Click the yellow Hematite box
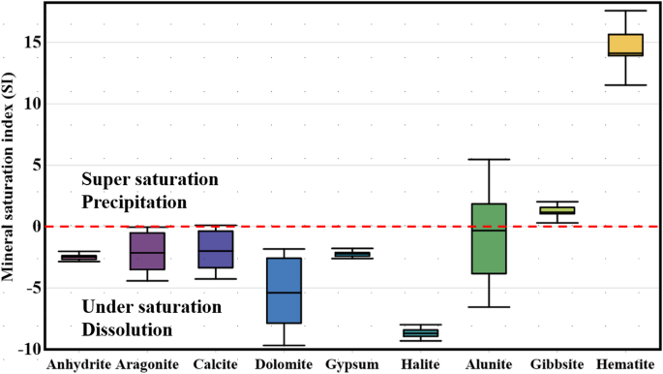click(x=625, y=45)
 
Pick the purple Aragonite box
click(x=148, y=251)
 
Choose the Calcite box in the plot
click(x=215, y=249)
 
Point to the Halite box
click(x=421, y=333)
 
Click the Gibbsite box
click(x=558, y=209)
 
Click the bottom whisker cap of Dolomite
click(x=285, y=345)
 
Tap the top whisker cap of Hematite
click(x=625, y=11)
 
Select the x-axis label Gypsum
click(x=352, y=364)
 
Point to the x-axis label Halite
click(x=420, y=364)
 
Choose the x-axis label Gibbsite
click(x=558, y=364)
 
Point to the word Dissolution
click(x=127, y=329)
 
